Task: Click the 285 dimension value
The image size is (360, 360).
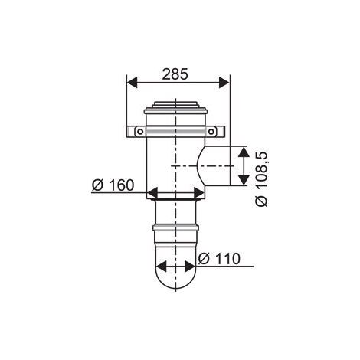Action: click(x=175, y=74)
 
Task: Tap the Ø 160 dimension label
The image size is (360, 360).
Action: click(x=113, y=185)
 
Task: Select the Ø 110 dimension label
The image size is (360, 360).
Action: click(x=219, y=259)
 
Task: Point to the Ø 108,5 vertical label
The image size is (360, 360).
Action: click(x=262, y=179)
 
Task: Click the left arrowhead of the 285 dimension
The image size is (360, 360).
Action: click(x=132, y=83)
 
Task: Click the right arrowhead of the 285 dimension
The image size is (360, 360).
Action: click(x=224, y=83)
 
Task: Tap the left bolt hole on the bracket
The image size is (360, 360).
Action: click(x=140, y=132)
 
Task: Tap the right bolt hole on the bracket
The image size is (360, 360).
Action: click(x=211, y=132)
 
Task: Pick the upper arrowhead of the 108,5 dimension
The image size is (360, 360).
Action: click(x=244, y=152)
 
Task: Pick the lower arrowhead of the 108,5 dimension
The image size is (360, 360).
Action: click(x=244, y=180)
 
